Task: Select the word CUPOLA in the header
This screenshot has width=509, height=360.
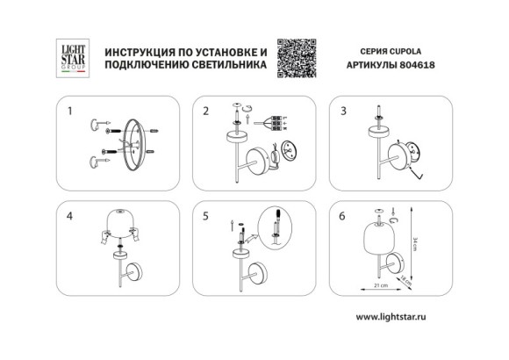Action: (x=410, y=51)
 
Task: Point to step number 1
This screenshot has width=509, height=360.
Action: (x=70, y=112)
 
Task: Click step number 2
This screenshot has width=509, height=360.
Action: (x=206, y=112)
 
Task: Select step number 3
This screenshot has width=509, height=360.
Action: (x=343, y=112)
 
